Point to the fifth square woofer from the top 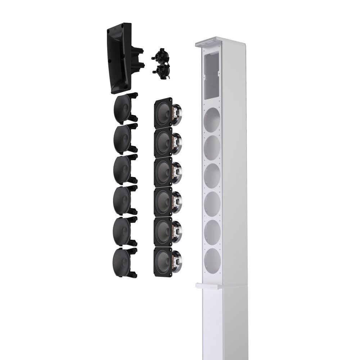pos(164,227)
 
